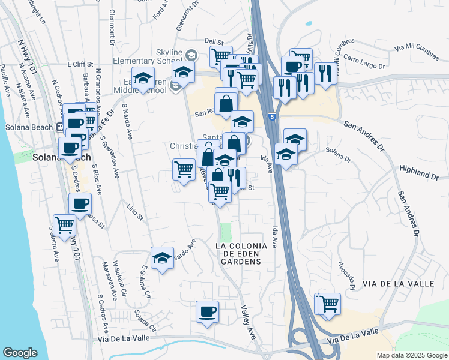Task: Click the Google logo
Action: click(x=20, y=353)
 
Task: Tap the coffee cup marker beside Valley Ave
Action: click(x=208, y=312)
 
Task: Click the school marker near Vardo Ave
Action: click(x=161, y=259)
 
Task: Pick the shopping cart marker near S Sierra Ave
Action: click(x=64, y=226)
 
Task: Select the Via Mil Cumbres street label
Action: click(x=416, y=50)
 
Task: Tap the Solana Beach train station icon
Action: click(x=60, y=127)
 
